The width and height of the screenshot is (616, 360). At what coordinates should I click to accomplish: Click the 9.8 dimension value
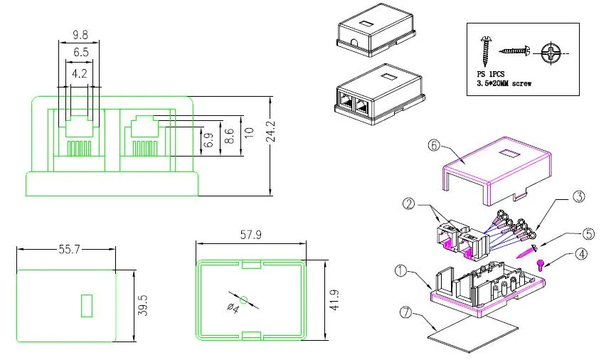(x=80, y=33)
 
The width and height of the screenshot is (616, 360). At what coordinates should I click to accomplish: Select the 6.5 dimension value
(x=80, y=52)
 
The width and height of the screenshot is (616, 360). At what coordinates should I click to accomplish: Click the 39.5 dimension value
(x=143, y=305)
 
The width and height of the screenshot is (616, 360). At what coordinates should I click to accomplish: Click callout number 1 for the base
(x=401, y=270)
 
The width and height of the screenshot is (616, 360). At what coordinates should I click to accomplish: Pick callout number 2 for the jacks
(x=408, y=204)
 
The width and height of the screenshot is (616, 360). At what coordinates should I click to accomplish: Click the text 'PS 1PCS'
(x=490, y=74)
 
